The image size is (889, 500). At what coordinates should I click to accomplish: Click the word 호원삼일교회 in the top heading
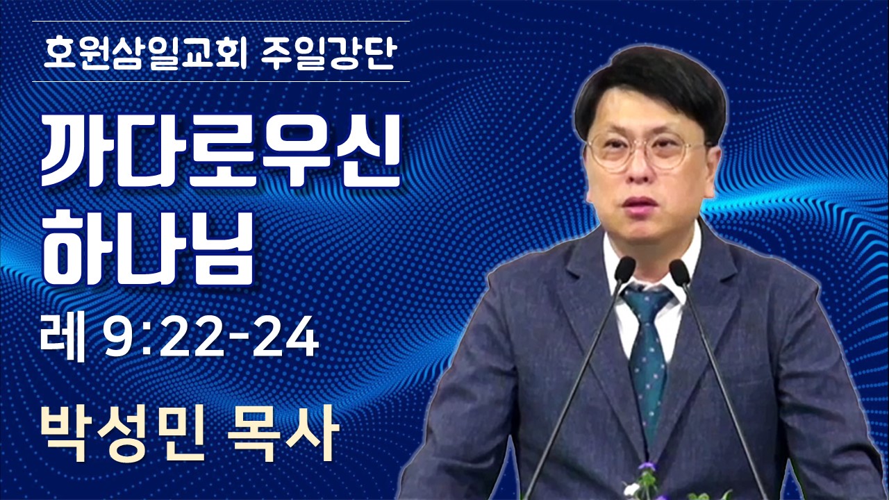[145, 52]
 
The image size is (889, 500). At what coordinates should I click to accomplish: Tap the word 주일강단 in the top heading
[329, 52]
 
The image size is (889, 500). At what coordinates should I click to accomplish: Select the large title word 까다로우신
[221, 152]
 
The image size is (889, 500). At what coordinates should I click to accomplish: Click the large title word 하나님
[148, 247]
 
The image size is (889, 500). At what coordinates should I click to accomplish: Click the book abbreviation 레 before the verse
[63, 340]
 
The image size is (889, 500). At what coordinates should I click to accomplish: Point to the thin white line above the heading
[221, 21]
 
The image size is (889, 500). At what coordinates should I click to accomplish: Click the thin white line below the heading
[221, 82]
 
